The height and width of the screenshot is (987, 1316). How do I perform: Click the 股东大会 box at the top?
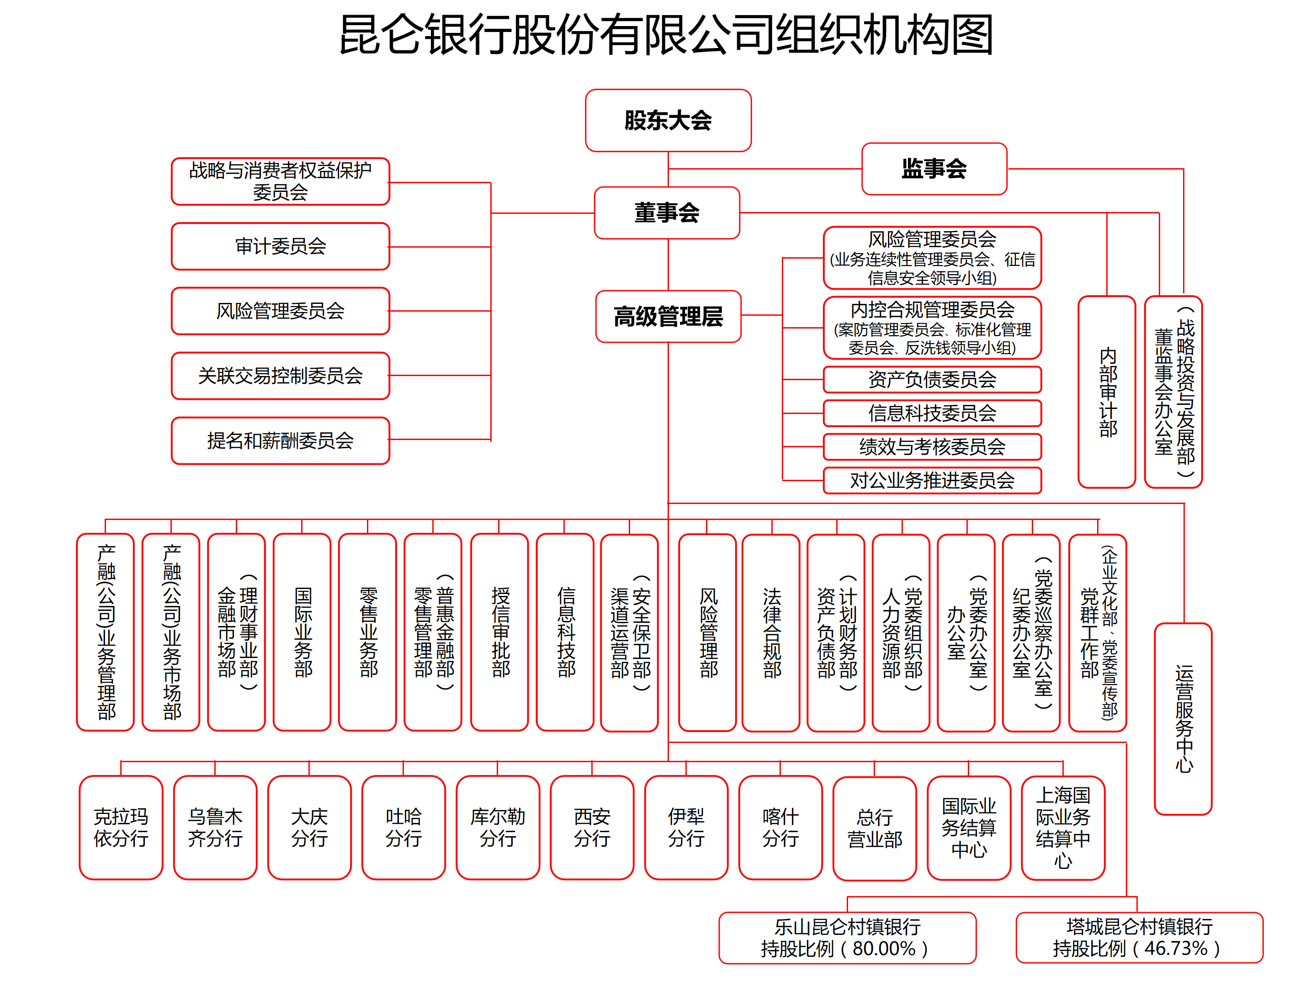(x=668, y=120)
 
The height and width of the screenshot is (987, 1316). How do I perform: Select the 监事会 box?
(x=934, y=168)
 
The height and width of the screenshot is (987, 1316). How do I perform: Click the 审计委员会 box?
(x=280, y=246)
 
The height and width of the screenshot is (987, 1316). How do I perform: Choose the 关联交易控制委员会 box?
(x=280, y=376)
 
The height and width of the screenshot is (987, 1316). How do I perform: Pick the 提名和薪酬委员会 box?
(x=280, y=440)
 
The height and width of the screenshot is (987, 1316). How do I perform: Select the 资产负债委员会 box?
(x=932, y=379)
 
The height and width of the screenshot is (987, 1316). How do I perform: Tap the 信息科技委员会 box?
(x=932, y=413)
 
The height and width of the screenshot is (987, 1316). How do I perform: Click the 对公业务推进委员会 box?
(x=932, y=480)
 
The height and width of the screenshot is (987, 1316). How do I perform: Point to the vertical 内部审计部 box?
(x=1107, y=392)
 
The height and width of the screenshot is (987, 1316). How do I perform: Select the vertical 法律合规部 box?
(x=771, y=632)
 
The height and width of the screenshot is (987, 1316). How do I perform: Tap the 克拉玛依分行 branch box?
(x=121, y=827)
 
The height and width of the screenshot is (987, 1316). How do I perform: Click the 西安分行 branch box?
(x=592, y=827)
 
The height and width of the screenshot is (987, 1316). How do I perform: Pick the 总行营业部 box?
(x=875, y=828)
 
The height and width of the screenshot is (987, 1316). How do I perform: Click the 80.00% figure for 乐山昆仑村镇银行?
(x=884, y=948)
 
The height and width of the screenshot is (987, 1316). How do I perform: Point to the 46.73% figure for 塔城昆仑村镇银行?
(x=1176, y=948)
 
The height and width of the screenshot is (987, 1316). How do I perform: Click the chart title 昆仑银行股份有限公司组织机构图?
(x=666, y=35)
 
